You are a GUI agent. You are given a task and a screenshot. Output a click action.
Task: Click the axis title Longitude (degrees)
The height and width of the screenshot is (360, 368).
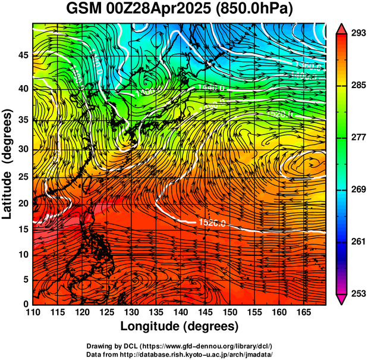[180, 326]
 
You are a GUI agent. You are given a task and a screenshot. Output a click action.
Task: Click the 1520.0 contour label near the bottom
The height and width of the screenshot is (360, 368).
[210, 223]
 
